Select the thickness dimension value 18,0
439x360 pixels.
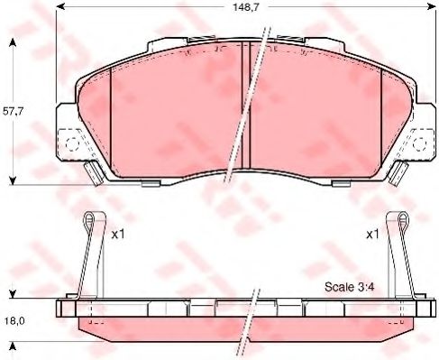(x=15, y=319)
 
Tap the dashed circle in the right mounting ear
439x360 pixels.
(x=420, y=143)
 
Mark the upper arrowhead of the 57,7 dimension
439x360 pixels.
(x=15, y=43)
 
